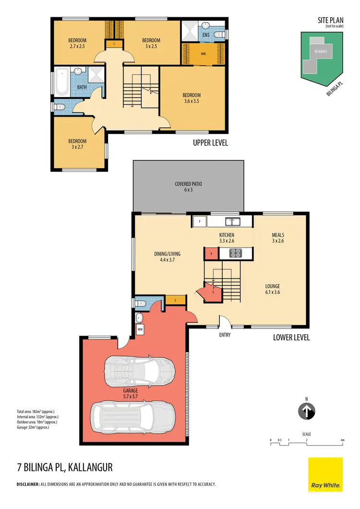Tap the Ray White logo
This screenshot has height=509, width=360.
pos(325,474)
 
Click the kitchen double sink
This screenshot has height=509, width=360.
pos(234,221)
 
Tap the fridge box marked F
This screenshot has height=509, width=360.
pos(199,221)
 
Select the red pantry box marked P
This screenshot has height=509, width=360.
pos(211,253)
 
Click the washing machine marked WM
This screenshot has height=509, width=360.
pos(140,329)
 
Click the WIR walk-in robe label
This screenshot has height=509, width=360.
pos(203,54)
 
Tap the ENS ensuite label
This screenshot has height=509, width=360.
pos(206,35)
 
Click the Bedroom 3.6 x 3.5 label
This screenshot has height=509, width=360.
pos(192,98)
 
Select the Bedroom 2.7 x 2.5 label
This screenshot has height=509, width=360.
pos(77,43)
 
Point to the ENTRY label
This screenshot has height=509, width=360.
pos(225,335)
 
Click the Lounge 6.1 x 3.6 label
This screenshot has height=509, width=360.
pos(272,289)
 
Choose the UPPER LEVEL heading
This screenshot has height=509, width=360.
pos(210,143)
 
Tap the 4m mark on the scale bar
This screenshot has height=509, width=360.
pos(342,440)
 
